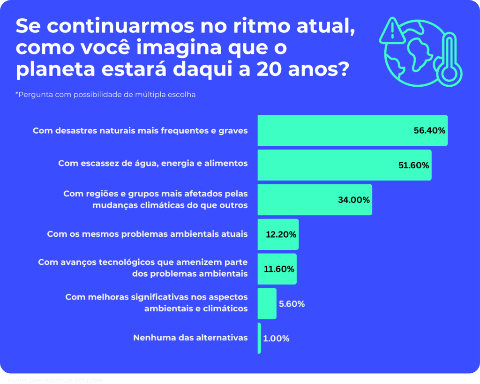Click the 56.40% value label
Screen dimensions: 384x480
pos(429,131)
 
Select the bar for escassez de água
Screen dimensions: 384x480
pos(344,165)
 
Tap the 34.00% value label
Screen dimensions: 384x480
pos(354,200)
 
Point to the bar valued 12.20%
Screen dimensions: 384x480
pos(278,234)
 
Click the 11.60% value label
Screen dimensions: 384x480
pos(279,269)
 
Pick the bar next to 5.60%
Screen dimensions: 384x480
pos(267,304)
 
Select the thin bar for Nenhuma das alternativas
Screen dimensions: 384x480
pos(259,338)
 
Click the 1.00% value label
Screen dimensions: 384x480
pos(276,339)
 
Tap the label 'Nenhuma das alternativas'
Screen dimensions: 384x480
pos(190,338)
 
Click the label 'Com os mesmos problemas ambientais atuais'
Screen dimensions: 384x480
pos(147,234)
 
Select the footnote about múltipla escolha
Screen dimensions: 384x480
pos(105,94)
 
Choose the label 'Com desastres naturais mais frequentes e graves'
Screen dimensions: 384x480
pos(140,130)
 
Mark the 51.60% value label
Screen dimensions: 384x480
pos(413,166)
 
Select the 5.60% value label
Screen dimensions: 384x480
pos(292,304)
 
